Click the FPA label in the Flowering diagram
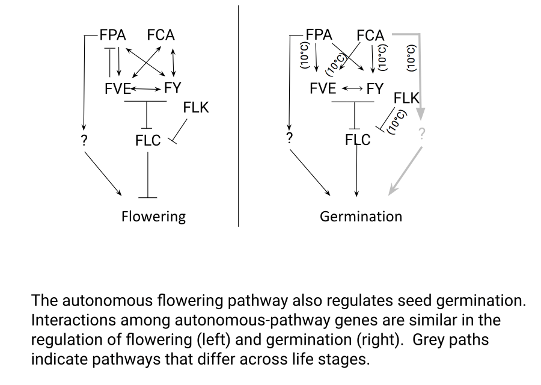click(113, 35)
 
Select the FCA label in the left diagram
click(160, 35)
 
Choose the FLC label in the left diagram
click(148, 141)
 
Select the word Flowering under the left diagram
click(153, 216)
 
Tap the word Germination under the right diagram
click(361, 216)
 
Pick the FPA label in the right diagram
click(319, 34)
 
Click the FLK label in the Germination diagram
click(406, 97)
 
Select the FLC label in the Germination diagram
click(358, 140)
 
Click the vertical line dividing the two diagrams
click(239, 114)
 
